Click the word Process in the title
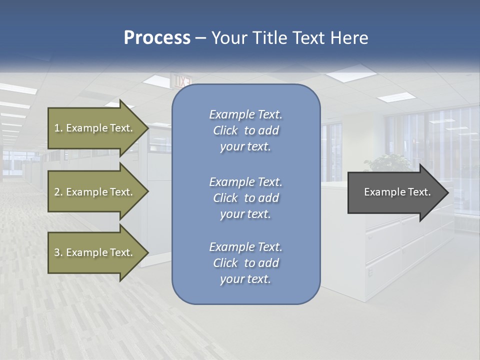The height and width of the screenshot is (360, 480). pos(157,38)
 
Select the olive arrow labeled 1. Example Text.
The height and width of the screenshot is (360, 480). pos(95,128)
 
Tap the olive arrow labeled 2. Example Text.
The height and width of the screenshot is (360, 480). pos(95,192)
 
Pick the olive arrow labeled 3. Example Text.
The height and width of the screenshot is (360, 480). pos(95,252)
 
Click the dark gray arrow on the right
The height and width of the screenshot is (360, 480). pos(395,192)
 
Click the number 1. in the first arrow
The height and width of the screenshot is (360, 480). pos(58,128)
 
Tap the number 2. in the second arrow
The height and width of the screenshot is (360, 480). pos(58,192)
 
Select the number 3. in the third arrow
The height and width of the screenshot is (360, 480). pos(58,252)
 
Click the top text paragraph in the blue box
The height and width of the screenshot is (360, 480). pos(245,130)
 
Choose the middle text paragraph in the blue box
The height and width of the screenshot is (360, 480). pos(245,197)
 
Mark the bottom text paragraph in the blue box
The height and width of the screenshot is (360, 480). pos(245,263)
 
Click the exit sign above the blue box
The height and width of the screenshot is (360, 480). pos(181,80)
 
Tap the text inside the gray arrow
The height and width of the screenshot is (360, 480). pos(397,192)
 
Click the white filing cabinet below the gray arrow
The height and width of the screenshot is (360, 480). pos(395,250)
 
